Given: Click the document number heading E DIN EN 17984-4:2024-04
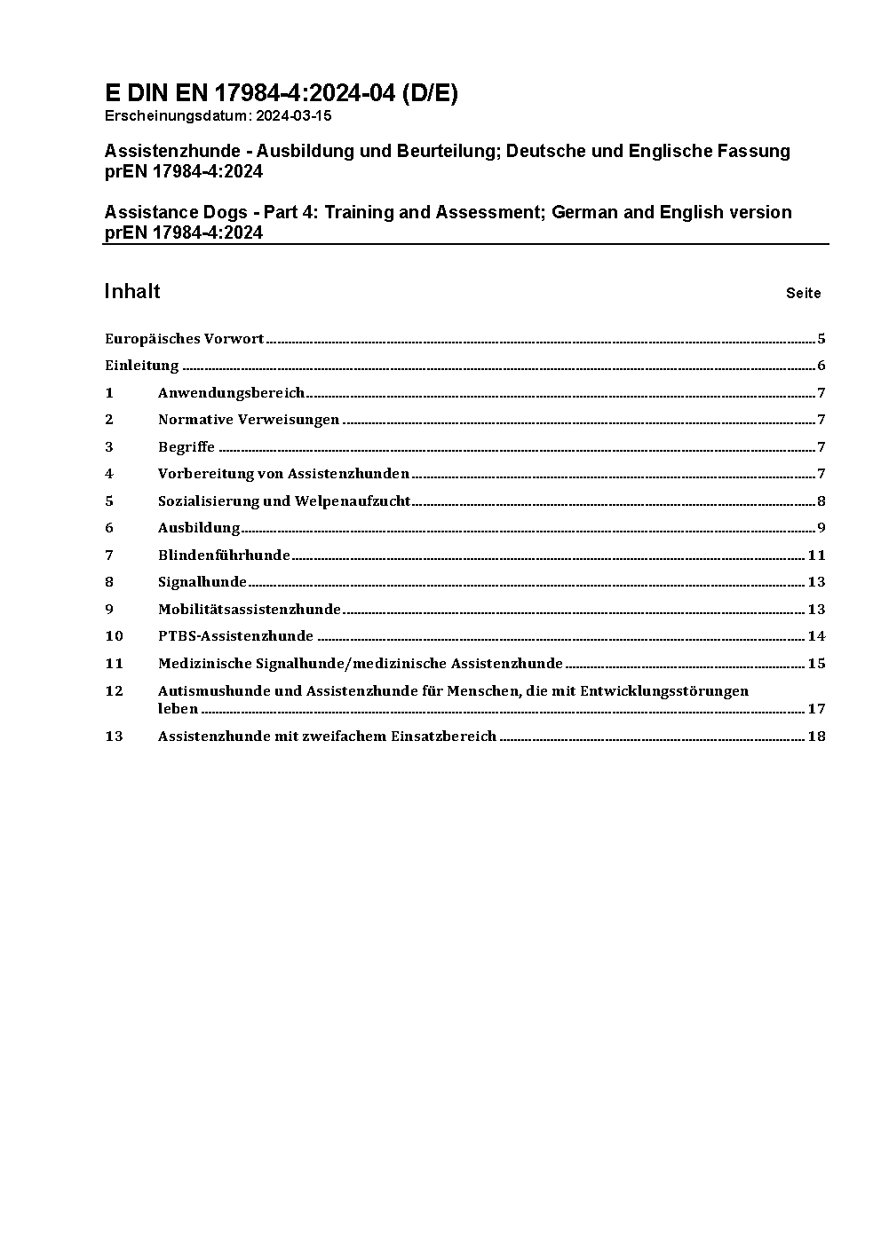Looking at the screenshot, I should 281,93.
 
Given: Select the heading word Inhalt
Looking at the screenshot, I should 132,291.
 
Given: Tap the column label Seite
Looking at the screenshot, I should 803,293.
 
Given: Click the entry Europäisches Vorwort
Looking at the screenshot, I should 184,338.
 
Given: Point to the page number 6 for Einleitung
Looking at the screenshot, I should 821,366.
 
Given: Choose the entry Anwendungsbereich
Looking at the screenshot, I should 231,392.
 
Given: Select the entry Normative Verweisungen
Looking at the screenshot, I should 249,420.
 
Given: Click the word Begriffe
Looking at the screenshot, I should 187,446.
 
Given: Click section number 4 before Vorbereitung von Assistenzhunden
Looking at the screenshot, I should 109,474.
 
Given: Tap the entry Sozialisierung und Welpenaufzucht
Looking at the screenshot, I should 284,500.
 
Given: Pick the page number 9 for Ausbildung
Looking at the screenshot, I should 821,528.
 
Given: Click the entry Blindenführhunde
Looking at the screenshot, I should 224,555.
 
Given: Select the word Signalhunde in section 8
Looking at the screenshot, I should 202,582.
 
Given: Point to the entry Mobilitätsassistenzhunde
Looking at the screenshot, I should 250,609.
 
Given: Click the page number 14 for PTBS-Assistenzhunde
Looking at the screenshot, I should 816,636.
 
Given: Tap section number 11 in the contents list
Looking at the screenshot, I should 114,663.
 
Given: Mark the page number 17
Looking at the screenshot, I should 816,708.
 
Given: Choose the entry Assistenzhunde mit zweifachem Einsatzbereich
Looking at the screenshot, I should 327,736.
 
